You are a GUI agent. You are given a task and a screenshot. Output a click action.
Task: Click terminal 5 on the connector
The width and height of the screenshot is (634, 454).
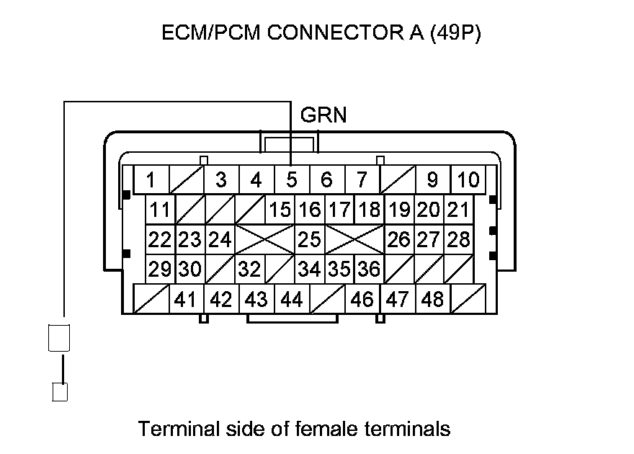click(292, 179)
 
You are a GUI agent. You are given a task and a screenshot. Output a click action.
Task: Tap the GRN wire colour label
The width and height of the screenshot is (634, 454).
click(323, 115)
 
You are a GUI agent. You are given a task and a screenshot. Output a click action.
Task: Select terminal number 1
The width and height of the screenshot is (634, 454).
click(151, 179)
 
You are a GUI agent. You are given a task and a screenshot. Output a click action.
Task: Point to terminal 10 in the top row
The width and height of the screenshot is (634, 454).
click(468, 179)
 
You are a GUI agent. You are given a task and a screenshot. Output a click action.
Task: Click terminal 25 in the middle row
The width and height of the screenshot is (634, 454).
click(309, 239)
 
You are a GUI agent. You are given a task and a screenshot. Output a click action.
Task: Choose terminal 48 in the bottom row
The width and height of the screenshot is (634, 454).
click(432, 298)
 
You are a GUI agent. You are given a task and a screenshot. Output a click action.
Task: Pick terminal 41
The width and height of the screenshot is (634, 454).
click(186, 298)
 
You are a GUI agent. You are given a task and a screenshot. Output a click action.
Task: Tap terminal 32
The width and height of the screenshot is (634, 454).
click(249, 269)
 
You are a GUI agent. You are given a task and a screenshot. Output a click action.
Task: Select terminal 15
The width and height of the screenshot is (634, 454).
click(280, 210)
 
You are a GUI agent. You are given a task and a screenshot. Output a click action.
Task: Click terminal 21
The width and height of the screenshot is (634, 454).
click(458, 210)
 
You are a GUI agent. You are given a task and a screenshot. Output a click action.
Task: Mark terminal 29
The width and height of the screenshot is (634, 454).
click(158, 269)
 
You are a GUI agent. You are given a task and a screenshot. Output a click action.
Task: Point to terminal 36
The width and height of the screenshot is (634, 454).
click(368, 269)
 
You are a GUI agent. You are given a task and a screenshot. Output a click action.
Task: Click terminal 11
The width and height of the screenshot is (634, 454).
click(160, 210)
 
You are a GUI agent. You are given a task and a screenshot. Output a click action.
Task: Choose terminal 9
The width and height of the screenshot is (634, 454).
click(432, 179)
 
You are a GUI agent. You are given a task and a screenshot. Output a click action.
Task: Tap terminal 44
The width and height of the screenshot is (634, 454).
click(291, 298)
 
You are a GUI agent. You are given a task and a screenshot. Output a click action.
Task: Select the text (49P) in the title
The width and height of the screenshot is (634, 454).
click(454, 34)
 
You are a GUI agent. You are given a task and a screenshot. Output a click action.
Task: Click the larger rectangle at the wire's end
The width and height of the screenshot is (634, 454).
click(58, 337)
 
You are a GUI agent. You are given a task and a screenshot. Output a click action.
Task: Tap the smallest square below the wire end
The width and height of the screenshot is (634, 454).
click(61, 392)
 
